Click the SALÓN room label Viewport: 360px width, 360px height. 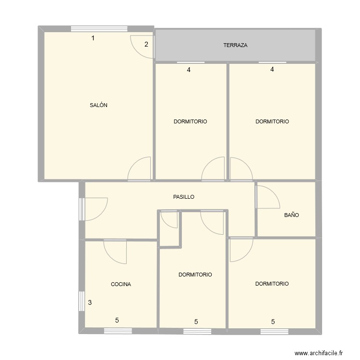pyautogui.click(x=98, y=106)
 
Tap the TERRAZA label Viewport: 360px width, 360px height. pyautogui.click(x=235, y=46)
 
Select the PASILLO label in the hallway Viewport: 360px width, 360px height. pyautogui.click(x=184, y=197)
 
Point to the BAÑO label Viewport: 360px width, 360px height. pyautogui.click(x=291, y=216)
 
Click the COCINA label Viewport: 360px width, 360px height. pyautogui.click(x=121, y=284)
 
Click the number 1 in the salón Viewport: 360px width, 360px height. pyautogui.click(x=93, y=38)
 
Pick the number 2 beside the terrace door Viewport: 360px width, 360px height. pyautogui.click(x=146, y=45)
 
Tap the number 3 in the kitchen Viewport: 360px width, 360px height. pyautogui.click(x=90, y=303)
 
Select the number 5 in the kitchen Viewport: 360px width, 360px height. pyautogui.click(x=117, y=320)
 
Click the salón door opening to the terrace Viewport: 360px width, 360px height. pyautogui.click(x=143, y=47)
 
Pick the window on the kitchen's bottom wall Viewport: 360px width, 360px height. pyautogui.click(x=118, y=330)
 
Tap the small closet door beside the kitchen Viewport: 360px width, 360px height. pyautogui.click(x=169, y=219)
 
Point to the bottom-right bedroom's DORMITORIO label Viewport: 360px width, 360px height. pyautogui.click(x=272, y=284)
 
